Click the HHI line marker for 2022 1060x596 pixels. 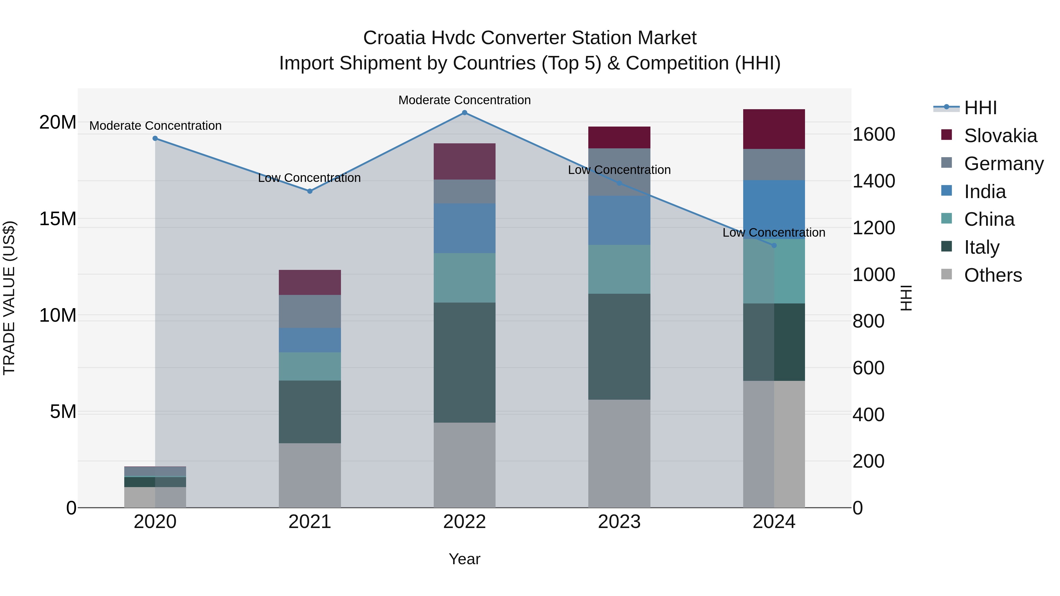465,113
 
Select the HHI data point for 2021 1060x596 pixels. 310,191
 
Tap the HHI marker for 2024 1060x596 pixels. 774,245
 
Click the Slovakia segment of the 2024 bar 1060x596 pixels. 774,129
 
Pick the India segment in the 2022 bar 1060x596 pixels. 465,228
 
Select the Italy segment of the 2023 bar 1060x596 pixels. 619,346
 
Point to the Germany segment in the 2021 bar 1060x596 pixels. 310,311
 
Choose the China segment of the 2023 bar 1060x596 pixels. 619,269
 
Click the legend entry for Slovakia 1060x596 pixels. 1000,136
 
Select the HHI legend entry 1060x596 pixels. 980,108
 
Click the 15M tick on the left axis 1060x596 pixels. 58,219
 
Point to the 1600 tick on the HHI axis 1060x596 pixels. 874,135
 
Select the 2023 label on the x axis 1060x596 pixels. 619,522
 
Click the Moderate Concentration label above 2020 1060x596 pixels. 155,126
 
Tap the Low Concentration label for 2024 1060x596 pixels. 774,233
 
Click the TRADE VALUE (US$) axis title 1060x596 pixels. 9,298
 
